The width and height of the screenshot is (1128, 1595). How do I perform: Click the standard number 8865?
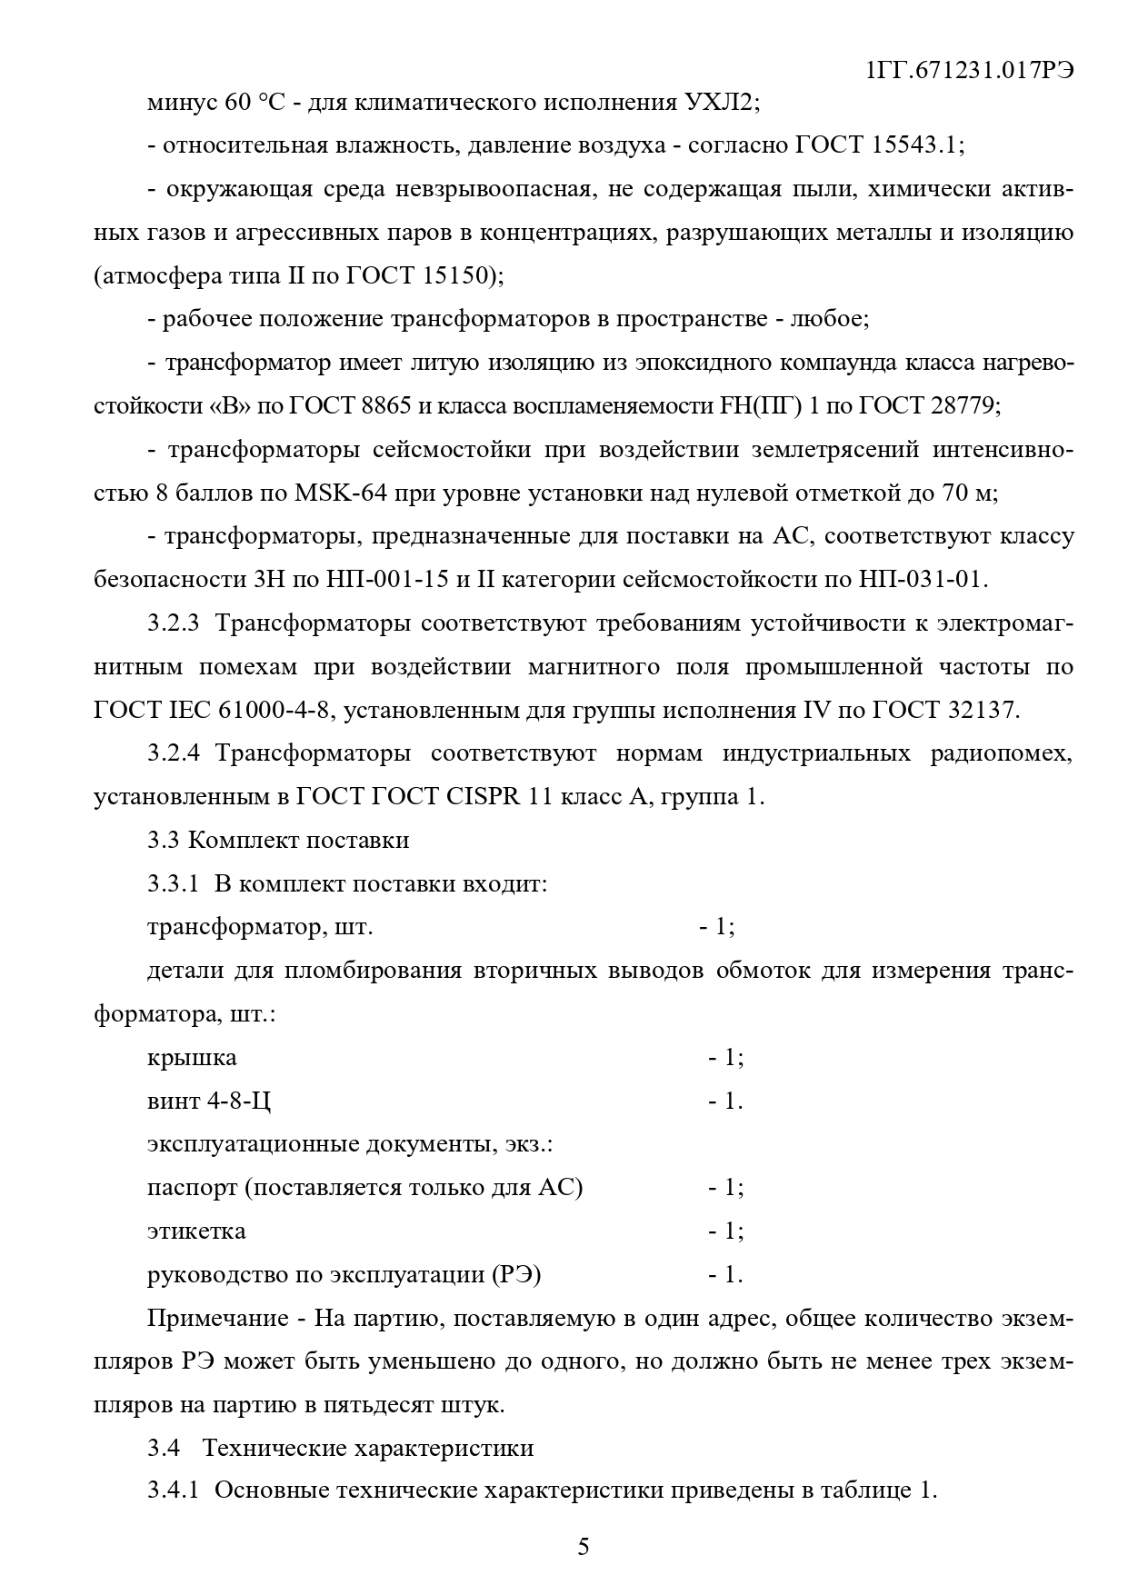click(385, 406)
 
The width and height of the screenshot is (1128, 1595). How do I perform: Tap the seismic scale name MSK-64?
click(337, 493)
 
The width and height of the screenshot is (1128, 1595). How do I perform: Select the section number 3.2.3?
click(173, 623)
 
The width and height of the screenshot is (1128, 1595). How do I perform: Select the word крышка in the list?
click(192, 1058)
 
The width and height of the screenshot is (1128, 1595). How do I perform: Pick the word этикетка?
click(196, 1231)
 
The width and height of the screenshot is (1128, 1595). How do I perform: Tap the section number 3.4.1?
click(173, 1491)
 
